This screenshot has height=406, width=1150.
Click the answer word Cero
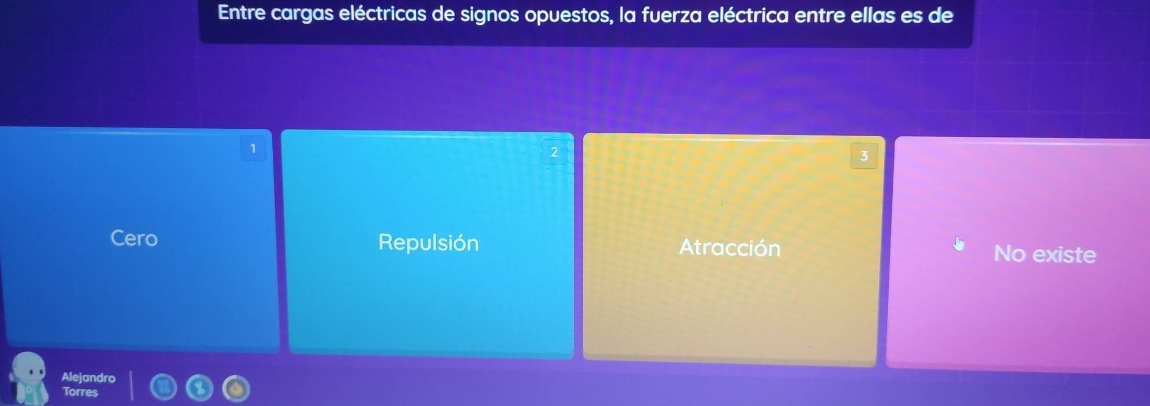point(134,238)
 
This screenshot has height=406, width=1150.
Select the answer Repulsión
point(429,242)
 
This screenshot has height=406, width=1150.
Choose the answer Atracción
point(730,248)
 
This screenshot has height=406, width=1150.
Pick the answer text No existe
point(1045,254)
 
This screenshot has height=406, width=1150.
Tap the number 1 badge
point(253,148)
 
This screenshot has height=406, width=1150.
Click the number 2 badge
point(554,152)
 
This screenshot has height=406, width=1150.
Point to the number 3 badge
point(864,155)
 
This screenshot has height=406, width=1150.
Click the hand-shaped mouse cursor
point(959,244)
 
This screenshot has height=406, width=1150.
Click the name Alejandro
point(89,378)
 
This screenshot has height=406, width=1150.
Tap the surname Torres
point(81,392)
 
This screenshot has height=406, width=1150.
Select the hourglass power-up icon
point(200,388)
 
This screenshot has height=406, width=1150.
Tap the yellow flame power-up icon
point(236,389)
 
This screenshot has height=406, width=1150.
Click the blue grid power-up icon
point(163,387)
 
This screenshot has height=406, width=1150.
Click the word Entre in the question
point(242,13)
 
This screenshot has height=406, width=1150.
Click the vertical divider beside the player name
point(131,386)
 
